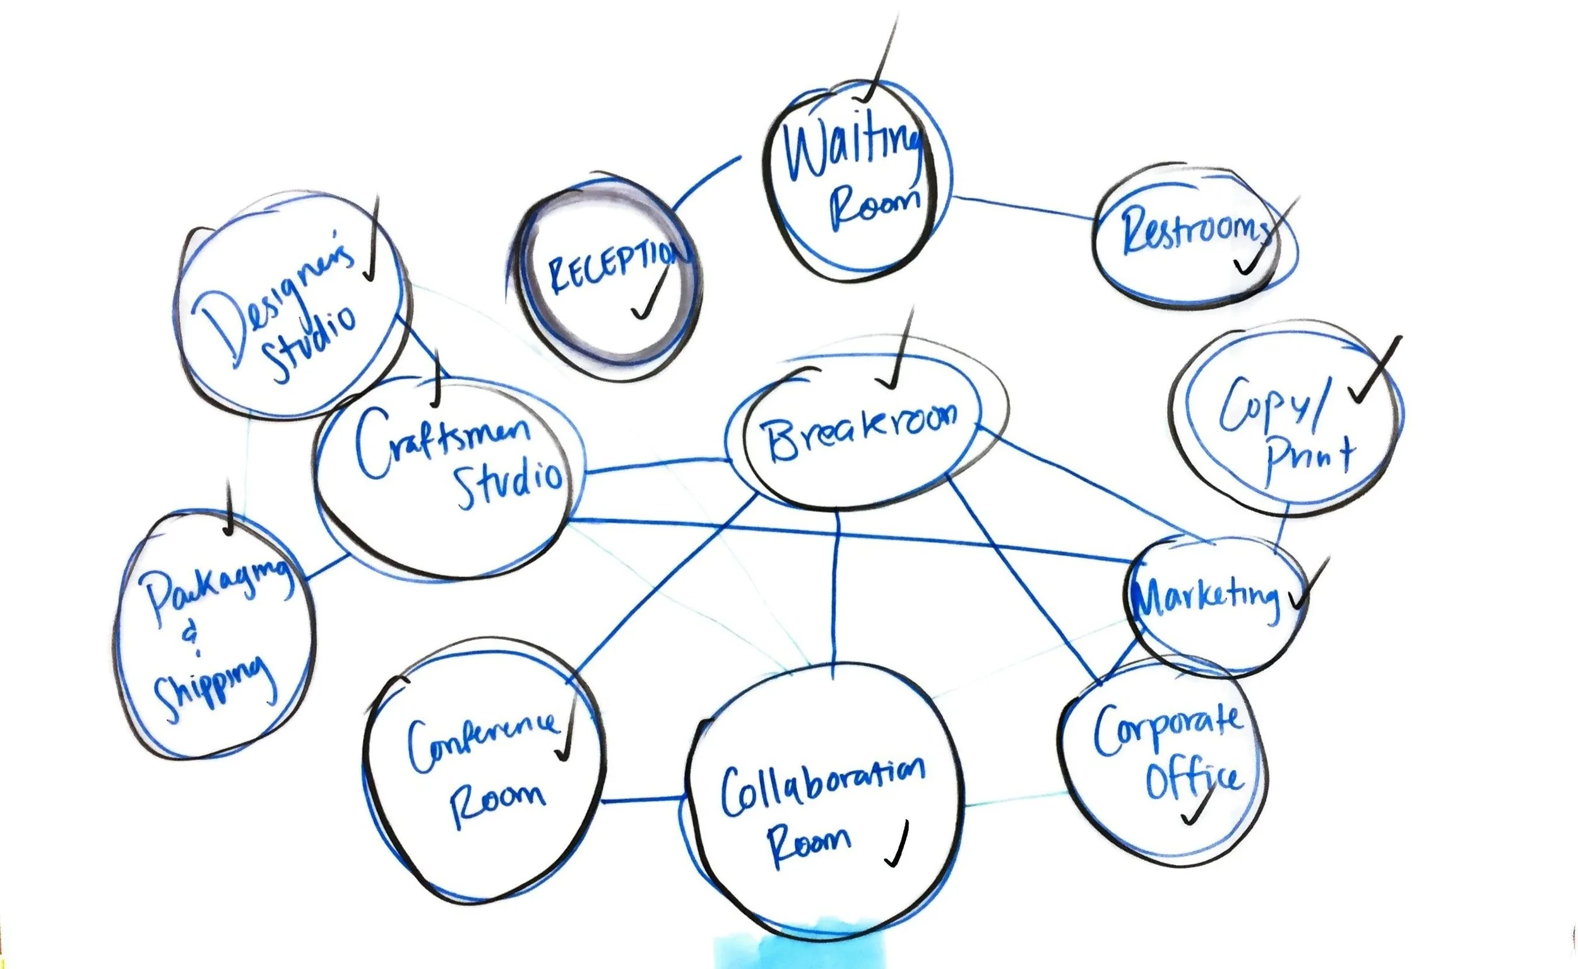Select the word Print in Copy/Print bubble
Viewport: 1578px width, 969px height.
[1310, 459]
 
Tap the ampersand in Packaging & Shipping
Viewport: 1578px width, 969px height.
[191, 637]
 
